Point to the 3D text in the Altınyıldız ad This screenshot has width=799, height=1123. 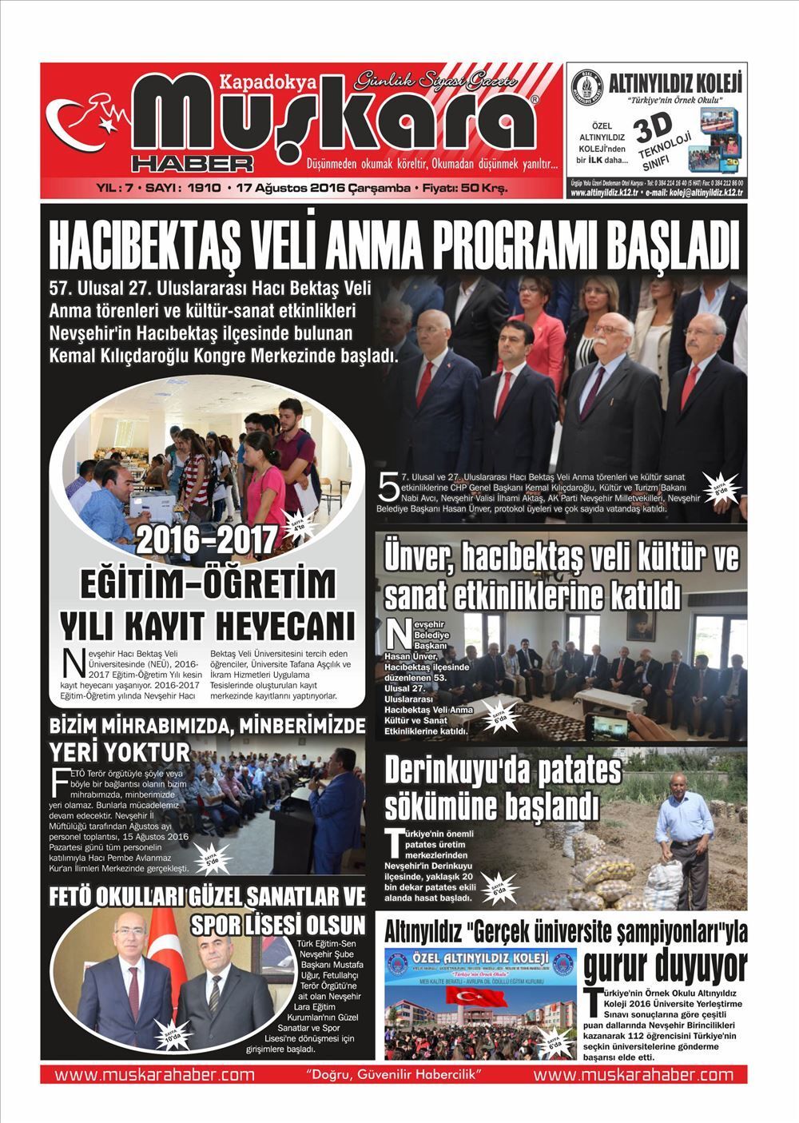coord(650,128)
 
